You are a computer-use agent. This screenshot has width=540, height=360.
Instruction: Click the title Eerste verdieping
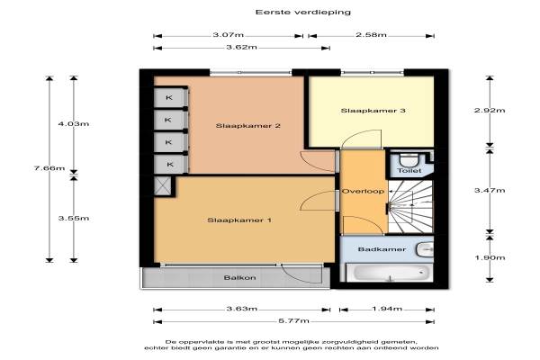coord(303,13)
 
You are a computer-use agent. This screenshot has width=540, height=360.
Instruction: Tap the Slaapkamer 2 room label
coord(248,126)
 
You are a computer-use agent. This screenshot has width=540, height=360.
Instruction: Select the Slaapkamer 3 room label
coord(373,111)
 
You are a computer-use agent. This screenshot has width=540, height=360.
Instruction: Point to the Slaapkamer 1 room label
coord(239,220)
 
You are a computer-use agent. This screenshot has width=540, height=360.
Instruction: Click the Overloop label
coord(363,191)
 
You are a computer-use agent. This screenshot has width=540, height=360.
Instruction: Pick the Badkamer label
coord(382,249)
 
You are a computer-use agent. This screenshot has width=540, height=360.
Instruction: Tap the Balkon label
coord(239,278)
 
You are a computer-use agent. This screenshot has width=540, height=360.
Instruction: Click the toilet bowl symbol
coord(409,160)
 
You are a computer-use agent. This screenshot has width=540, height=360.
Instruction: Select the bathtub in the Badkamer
coord(389,273)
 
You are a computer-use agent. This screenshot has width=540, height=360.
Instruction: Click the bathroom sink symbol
coord(425,249)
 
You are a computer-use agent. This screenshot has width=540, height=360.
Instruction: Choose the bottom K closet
coord(171,165)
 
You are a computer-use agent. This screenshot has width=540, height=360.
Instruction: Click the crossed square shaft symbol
coord(162,186)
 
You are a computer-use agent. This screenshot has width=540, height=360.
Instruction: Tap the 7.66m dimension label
coord(49,168)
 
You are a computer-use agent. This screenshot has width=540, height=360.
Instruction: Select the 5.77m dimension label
coord(293,321)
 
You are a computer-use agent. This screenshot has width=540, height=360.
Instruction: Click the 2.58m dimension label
coord(371,35)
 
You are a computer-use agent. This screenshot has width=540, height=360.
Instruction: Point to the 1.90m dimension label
coord(490,257)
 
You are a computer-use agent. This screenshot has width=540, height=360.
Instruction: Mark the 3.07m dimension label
coord(229,35)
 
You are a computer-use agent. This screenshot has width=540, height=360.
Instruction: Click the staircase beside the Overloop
coord(410,206)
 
